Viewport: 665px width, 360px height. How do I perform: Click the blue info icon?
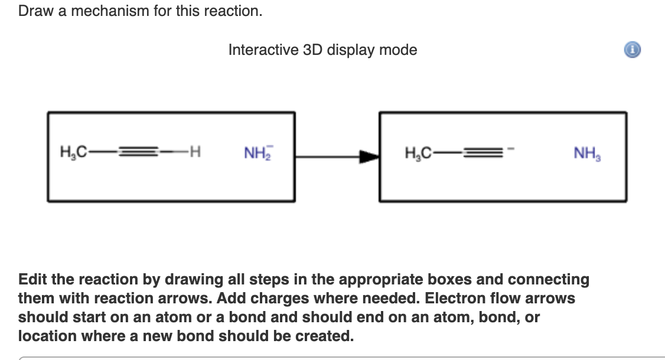pos(633,50)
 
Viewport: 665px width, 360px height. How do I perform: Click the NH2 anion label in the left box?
pos(258,153)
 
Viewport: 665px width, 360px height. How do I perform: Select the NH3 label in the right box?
pos(588,153)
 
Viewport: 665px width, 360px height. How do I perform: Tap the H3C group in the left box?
pos(73,152)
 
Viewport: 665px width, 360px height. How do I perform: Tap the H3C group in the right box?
pos(418,153)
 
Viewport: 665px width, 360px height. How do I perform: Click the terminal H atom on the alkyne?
pos(195,152)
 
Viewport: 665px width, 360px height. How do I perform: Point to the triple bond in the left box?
pos(138,152)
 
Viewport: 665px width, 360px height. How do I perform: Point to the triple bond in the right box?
pos(483,152)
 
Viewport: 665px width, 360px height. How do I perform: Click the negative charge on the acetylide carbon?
pos(511,148)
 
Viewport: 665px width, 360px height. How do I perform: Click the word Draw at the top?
pos(36,11)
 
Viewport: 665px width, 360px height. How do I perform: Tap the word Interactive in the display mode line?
pos(263,50)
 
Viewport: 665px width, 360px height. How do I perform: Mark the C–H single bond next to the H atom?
pos(174,152)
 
